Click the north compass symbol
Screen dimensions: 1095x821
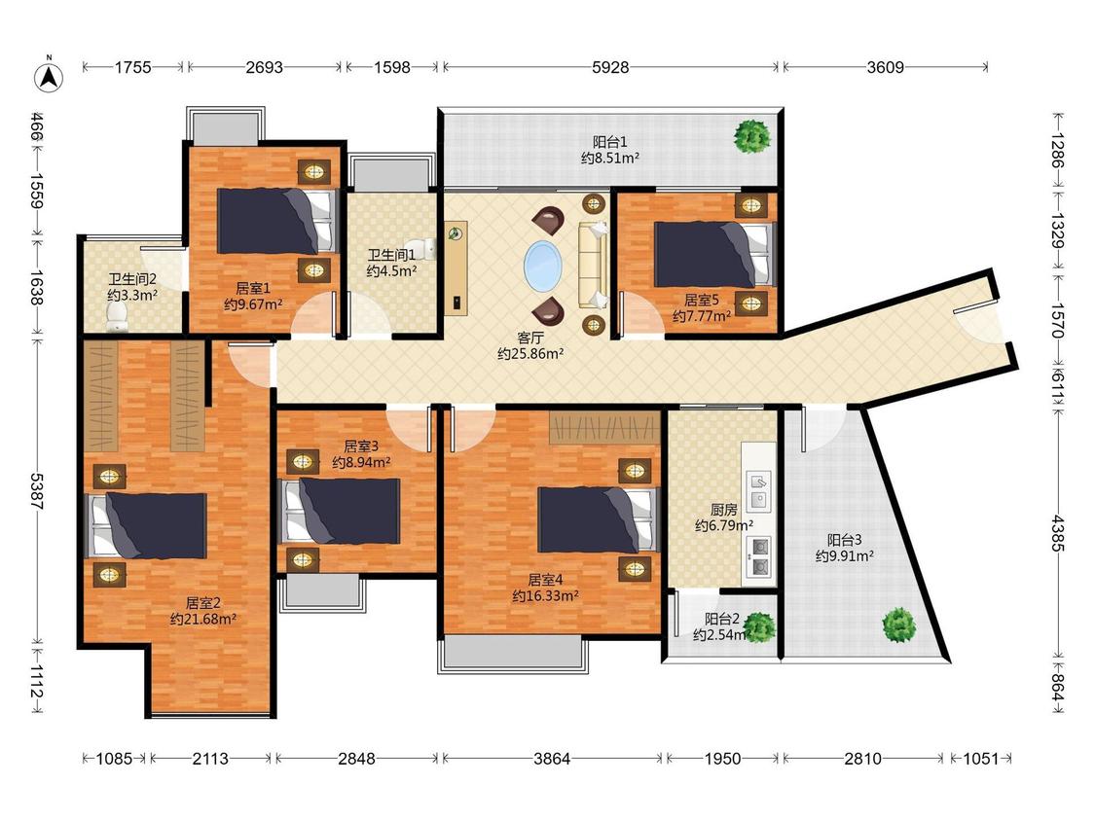click(x=49, y=76)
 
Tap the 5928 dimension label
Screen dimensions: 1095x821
click(x=610, y=68)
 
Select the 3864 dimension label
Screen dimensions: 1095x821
click(x=552, y=758)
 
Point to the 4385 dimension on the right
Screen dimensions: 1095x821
click(x=1058, y=533)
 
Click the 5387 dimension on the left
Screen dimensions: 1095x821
click(x=37, y=491)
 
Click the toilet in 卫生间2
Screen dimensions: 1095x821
click(x=116, y=320)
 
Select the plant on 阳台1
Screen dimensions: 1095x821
click(x=752, y=136)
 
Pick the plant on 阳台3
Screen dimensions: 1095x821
click(x=898, y=625)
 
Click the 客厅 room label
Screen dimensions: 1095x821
click(x=530, y=338)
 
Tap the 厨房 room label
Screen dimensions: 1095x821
click(x=723, y=511)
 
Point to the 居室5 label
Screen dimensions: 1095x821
click(x=701, y=301)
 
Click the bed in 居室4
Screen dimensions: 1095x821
click(x=599, y=520)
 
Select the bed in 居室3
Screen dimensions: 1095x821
click(x=340, y=511)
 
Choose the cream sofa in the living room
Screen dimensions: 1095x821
click(x=593, y=265)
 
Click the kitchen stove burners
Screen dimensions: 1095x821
click(x=758, y=557)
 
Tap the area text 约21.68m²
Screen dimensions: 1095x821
click(x=203, y=619)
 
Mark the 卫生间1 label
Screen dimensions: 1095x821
click(x=392, y=255)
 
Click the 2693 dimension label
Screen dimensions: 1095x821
click(x=265, y=68)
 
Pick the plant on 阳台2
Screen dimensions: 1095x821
click(x=759, y=626)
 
